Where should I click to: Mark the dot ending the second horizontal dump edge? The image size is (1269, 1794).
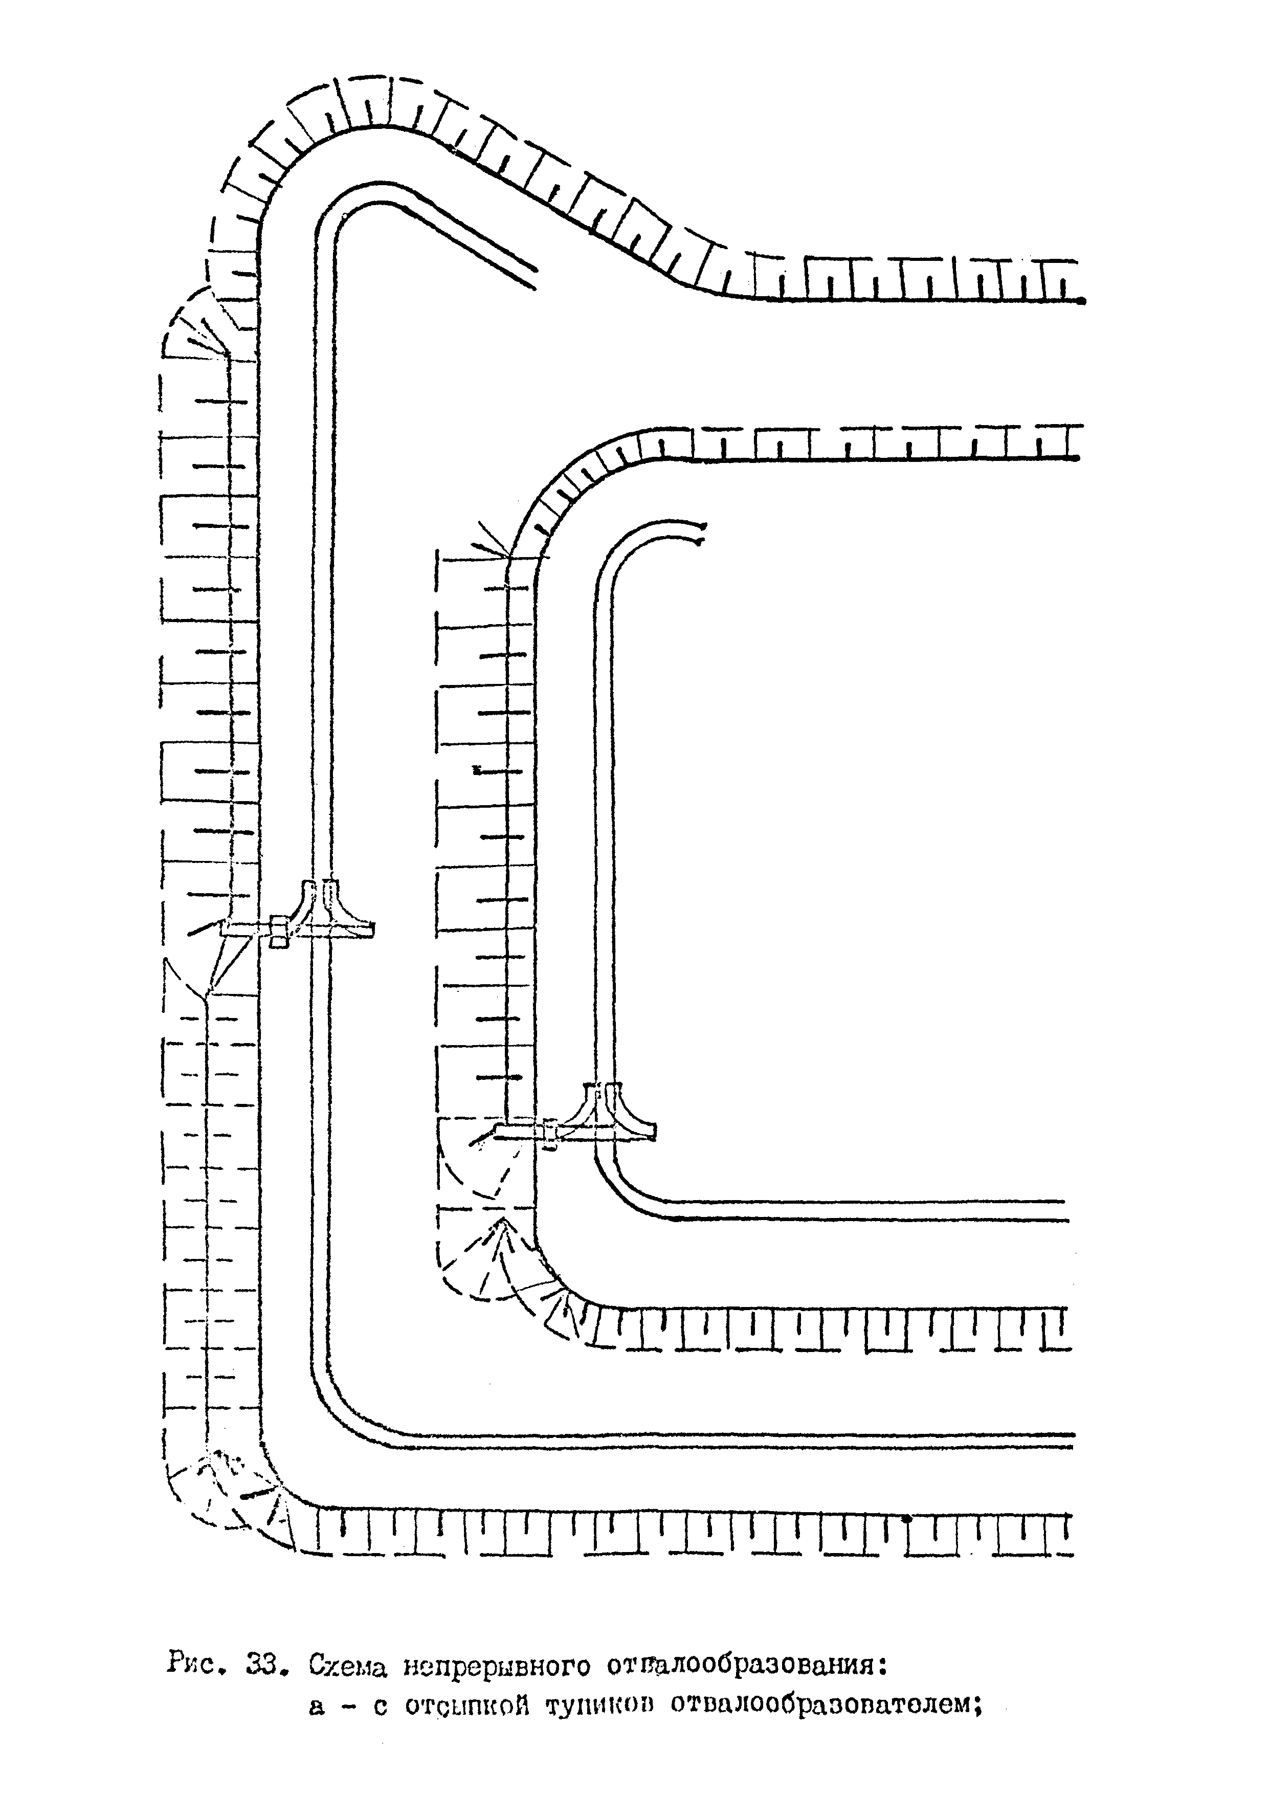pos(1077,459)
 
